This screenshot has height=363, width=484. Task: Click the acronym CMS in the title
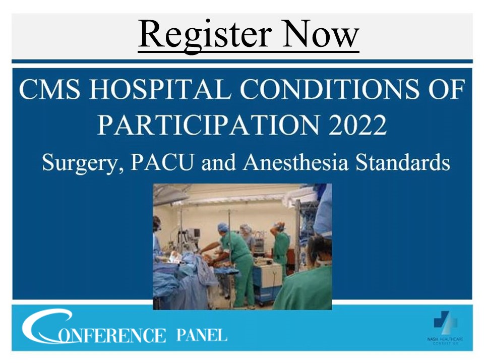pyautogui.click(x=48, y=91)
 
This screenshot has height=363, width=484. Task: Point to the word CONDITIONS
pyautogui.click(x=323, y=91)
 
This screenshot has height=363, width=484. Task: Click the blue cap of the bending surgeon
pyautogui.click(x=222, y=227)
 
